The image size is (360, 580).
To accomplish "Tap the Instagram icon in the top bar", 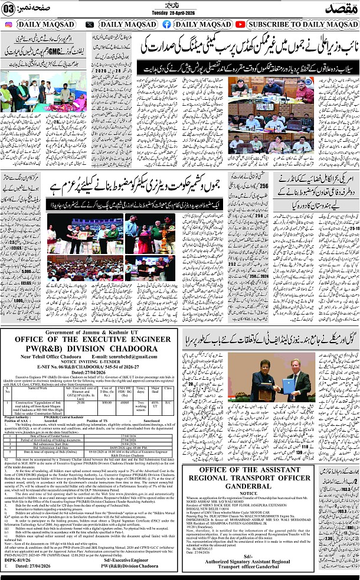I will pos(8,24).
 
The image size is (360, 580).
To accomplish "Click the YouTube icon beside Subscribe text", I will pos(240,24).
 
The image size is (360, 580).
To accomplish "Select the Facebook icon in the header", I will pos(167,24).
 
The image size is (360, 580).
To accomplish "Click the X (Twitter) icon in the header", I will pos(89,24).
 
